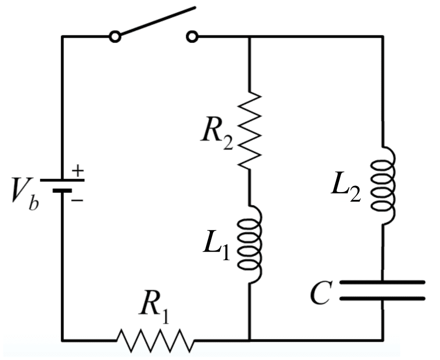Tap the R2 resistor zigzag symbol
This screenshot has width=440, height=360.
[250, 130]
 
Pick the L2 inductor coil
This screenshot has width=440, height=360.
[383, 185]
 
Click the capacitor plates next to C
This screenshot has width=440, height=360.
[383, 290]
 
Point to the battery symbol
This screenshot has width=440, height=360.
[62, 185]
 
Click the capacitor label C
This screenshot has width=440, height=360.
[320, 295]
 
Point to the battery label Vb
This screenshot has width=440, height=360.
[23, 194]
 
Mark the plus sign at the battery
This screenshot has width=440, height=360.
[78, 171]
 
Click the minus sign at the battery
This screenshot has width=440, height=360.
[76, 200]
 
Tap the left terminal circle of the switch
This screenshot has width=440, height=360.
[115, 37]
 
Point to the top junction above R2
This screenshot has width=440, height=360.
[250, 37]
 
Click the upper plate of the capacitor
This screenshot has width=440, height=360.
[383, 282]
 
